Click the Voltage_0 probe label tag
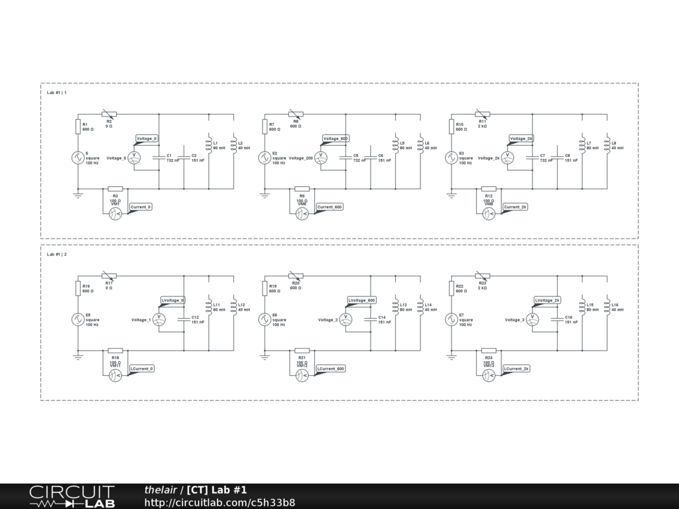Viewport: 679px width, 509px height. coord(147,139)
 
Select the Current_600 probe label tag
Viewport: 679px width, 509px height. coord(330,207)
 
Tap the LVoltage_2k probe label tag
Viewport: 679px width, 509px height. coord(548,300)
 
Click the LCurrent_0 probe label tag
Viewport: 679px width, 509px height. coord(142,368)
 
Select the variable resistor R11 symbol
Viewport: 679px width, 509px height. coord(482,114)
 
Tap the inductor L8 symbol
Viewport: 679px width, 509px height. coord(607,143)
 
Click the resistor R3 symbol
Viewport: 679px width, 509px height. coord(115,189)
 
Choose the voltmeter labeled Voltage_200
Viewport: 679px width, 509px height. coord(320,157)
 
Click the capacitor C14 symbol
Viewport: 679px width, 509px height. coord(370,319)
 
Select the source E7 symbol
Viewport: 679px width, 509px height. coord(451,319)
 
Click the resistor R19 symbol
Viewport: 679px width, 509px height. coord(265,287)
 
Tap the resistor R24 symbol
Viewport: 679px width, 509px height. coord(489,351)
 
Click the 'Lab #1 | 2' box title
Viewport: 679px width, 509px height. coord(57,254)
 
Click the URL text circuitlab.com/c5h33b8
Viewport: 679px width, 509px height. coord(219,502)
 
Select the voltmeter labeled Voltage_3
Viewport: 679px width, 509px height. coord(532,319)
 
